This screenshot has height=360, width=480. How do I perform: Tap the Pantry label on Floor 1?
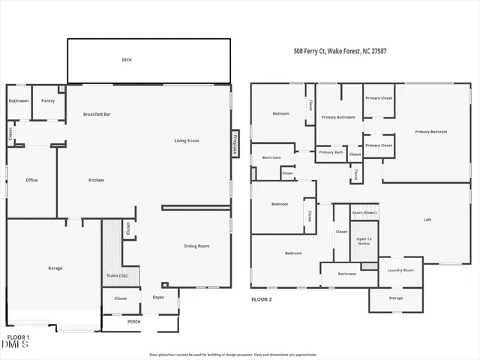[48, 100]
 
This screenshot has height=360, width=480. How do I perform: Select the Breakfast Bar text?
[97, 114]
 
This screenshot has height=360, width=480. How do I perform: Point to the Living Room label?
[186, 140]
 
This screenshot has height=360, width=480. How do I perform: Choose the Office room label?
[31, 180]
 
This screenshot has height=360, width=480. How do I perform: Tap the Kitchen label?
[96, 180]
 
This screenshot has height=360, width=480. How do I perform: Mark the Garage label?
[55, 268]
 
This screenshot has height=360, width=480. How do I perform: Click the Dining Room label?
[196, 246]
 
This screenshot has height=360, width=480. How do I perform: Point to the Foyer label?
[158, 298]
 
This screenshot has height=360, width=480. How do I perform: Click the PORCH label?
[133, 322]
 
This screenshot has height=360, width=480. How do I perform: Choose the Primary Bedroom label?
[430, 132]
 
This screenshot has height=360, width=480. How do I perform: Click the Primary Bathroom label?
[337, 117]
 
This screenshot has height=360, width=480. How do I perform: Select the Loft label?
[427, 220]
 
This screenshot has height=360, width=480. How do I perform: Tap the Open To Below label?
[364, 241]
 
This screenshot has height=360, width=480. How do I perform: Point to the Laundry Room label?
[400, 270]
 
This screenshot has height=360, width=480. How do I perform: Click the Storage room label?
[395, 298]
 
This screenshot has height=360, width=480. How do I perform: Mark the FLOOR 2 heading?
[261, 298]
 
